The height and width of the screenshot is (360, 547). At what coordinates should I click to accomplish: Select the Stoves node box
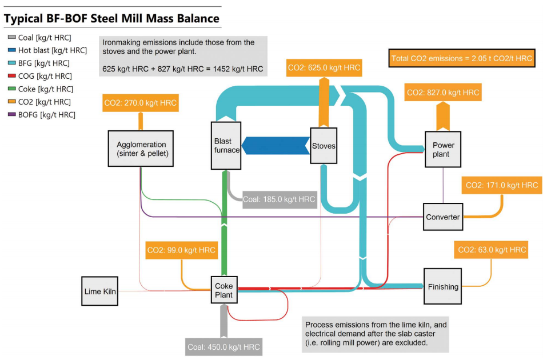[x=324, y=146]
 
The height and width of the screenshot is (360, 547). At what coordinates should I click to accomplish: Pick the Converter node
[x=442, y=217]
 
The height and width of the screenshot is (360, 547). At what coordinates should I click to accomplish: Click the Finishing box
[x=443, y=287]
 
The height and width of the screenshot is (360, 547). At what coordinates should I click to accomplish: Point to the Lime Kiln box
[x=101, y=291]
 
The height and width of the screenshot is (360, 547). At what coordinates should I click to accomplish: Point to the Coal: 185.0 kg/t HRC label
[x=279, y=199]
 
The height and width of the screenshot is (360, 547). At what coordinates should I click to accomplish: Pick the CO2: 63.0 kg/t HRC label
[x=490, y=250]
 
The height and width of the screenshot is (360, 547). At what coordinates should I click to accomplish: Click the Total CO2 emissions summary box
[x=462, y=58]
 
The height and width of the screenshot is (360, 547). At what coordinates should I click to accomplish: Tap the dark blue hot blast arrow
[x=275, y=146]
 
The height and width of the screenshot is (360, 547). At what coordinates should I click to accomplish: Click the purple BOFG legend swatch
[x=11, y=115]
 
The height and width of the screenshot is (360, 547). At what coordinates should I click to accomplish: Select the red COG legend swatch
[x=11, y=76]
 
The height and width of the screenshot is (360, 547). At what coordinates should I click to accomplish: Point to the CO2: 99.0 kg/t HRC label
[x=181, y=250]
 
